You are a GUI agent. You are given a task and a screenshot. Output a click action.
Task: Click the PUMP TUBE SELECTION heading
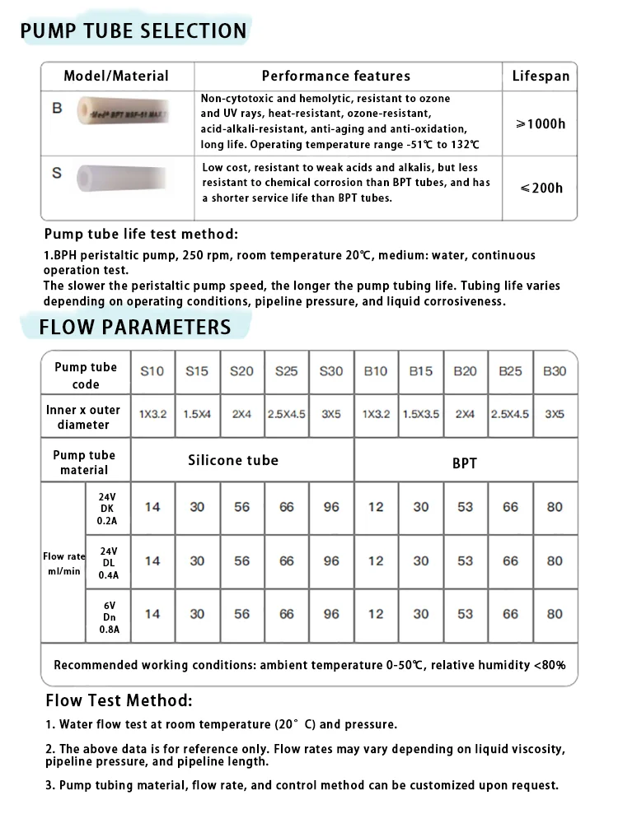click(133, 31)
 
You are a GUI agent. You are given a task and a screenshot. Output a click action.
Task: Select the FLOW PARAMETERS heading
click(135, 328)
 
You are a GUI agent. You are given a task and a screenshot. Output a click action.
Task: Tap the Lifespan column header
click(541, 77)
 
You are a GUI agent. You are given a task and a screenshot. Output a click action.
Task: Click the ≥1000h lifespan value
click(541, 123)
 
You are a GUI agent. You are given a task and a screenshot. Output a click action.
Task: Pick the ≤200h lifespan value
click(541, 188)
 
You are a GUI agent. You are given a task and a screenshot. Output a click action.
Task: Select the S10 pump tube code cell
click(152, 371)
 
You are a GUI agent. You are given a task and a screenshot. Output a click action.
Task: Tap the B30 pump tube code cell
click(555, 371)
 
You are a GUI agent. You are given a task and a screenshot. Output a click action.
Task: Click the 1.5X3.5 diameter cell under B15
click(420, 415)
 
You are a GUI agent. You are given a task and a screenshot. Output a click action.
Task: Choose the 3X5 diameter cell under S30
click(330, 415)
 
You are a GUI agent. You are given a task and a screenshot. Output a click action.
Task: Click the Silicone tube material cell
click(233, 461)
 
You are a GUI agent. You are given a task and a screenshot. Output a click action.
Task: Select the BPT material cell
click(465, 463)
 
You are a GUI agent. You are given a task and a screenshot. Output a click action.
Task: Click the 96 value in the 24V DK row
click(331, 507)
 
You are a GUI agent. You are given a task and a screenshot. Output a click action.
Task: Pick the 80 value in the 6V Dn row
click(555, 614)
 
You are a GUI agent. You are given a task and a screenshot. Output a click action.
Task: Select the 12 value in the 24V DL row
click(376, 560)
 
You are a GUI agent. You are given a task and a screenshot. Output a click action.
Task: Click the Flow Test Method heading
click(119, 701)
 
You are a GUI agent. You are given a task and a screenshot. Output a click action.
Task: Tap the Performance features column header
click(335, 77)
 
